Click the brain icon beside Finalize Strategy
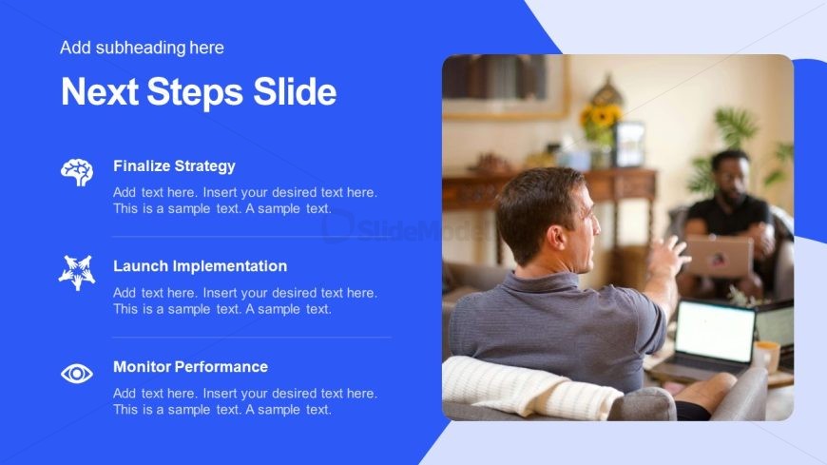pyautogui.click(x=77, y=172)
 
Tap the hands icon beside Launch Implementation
pyautogui.click(x=77, y=272)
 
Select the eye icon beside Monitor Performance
pyautogui.click(x=77, y=374)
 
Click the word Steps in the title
pyautogui.click(x=195, y=92)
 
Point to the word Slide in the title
pyautogui.click(x=295, y=91)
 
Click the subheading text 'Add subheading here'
pyautogui.click(x=142, y=48)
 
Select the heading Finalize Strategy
pyautogui.click(x=174, y=166)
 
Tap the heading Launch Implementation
pyautogui.click(x=200, y=266)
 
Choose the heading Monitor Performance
pyautogui.click(x=190, y=367)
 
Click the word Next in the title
pyautogui.click(x=100, y=92)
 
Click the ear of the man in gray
pyautogui.click(x=557, y=237)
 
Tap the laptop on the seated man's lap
pyautogui.click(x=720, y=257)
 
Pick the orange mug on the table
pyautogui.click(x=767, y=356)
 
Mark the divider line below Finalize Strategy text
pyautogui.click(x=252, y=237)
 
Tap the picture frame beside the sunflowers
pyautogui.click(x=629, y=145)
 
